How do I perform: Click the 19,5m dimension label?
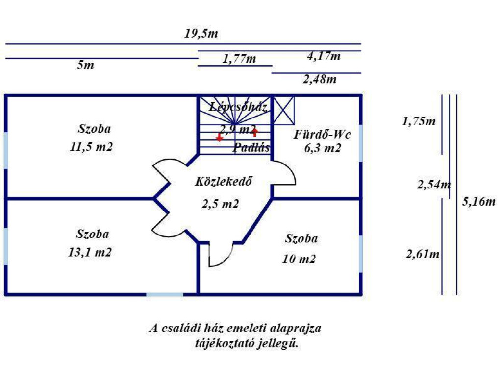(x=201, y=34)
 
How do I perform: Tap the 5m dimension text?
(x=85, y=65)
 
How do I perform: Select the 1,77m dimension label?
(x=239, y=59)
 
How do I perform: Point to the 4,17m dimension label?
(x=324, y=56)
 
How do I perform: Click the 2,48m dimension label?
(x=320, y=79)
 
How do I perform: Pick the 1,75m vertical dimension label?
(x=419, y=121)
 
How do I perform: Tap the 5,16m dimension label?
(x=478, y=201)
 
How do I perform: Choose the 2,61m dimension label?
(x=422, y=254)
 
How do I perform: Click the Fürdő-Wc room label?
(x=322, y=134)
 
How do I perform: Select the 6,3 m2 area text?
(x=323, y=148)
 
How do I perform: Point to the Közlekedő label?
(x=224, y=181)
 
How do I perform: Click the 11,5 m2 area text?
(x=91, y=147)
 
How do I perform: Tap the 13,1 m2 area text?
(x=90, y=252)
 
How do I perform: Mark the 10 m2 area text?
(x=299, y=259)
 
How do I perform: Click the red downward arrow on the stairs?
(x=219, y=138)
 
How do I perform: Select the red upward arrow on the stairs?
(x=255, y=131)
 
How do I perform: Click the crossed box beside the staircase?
(x=284, y=110)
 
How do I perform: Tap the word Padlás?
(x=251, y=147)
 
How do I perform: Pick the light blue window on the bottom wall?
(x=165, y=294)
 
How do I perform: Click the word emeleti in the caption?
(x=247, y=329)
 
